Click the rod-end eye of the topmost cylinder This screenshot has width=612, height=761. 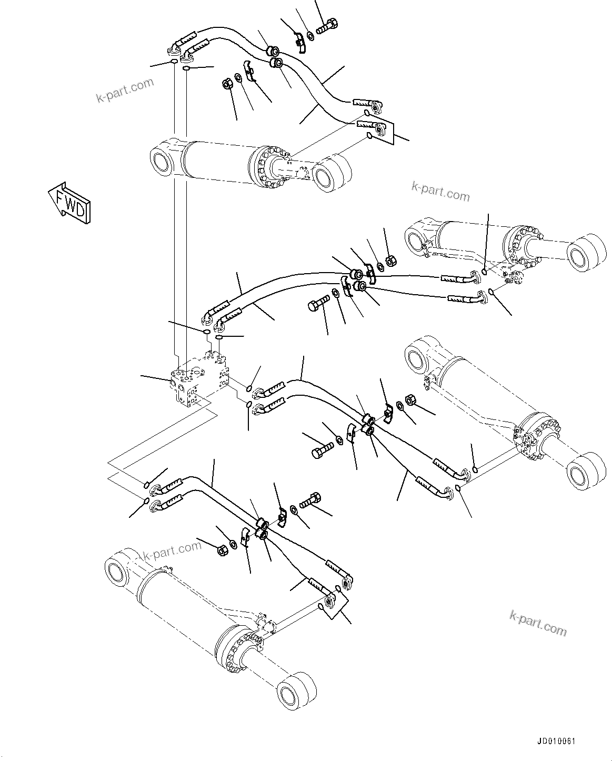332,173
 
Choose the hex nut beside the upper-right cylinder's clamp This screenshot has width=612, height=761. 391,259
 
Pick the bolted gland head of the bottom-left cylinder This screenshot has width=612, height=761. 235,647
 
